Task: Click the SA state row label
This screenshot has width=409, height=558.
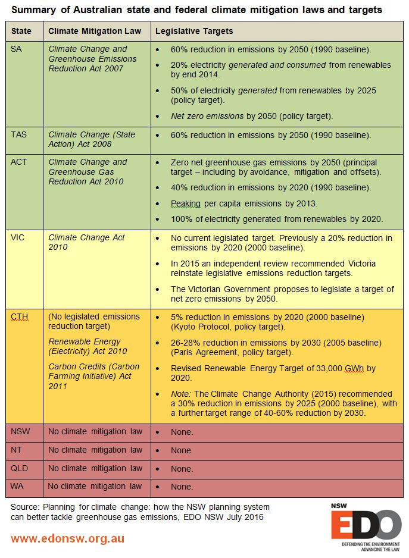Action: (17, 49)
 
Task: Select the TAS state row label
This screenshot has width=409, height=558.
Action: (20, 134)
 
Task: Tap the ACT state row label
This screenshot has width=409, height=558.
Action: (20, 162)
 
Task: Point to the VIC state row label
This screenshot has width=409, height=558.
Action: (18, 237)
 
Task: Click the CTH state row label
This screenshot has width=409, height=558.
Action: (20, 316)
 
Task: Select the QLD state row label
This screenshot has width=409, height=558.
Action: (20, 468)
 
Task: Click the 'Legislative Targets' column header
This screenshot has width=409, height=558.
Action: (194, 31)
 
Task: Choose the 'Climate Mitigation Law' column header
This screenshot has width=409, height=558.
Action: (95, 31)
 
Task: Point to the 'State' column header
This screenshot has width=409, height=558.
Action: (21, 31)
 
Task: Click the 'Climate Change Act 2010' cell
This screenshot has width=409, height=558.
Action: (86, 242)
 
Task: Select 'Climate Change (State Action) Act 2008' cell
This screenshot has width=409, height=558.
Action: (92, 139)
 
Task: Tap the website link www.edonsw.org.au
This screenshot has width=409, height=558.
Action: (67, 538)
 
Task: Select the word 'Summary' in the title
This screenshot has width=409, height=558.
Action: (35, 10)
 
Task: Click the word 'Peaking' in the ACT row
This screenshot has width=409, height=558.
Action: (187, 203)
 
